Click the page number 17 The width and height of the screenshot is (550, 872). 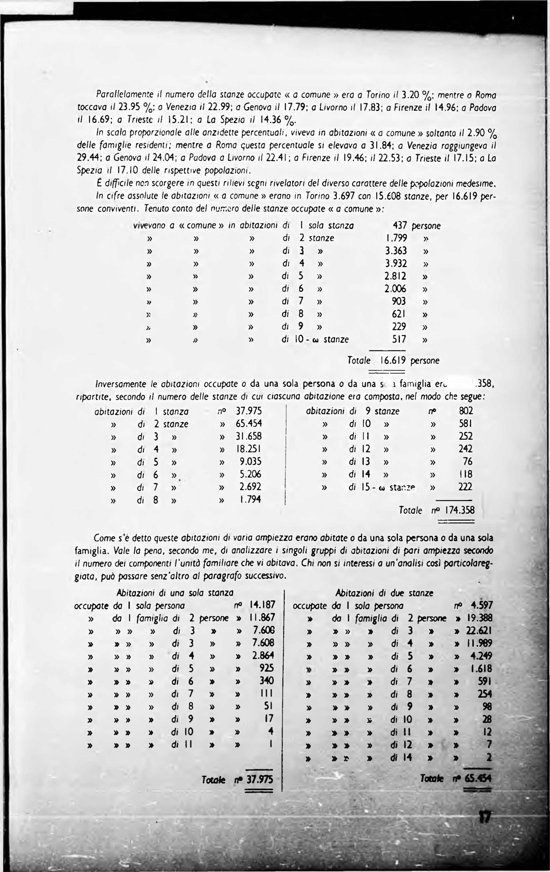point(484,817)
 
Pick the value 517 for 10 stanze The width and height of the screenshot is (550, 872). point(399,339)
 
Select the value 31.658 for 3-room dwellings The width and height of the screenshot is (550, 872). point(249,436)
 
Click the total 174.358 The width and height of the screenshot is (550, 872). point(459,510)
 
